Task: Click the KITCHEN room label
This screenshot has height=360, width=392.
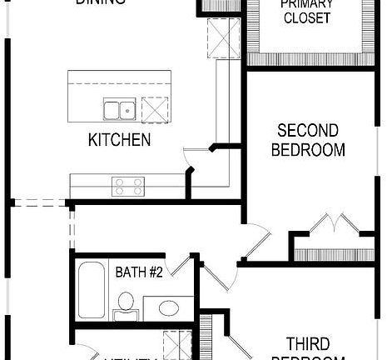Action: coord(120,140)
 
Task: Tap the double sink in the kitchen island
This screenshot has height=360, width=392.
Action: coord(119,109)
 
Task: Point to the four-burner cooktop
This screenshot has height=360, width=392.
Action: coord(128,185)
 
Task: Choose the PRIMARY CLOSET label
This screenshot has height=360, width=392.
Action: coord(307,12)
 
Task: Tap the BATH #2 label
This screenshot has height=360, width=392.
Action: coord(138,272)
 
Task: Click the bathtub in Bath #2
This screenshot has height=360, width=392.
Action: coord(93,290)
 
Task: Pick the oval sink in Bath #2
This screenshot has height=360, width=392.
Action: coord(167,308)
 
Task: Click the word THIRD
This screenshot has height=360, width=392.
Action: coord(307,343)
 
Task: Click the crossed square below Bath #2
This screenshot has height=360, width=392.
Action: coord(176,344)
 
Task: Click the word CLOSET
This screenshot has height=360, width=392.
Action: coord(307,18)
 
